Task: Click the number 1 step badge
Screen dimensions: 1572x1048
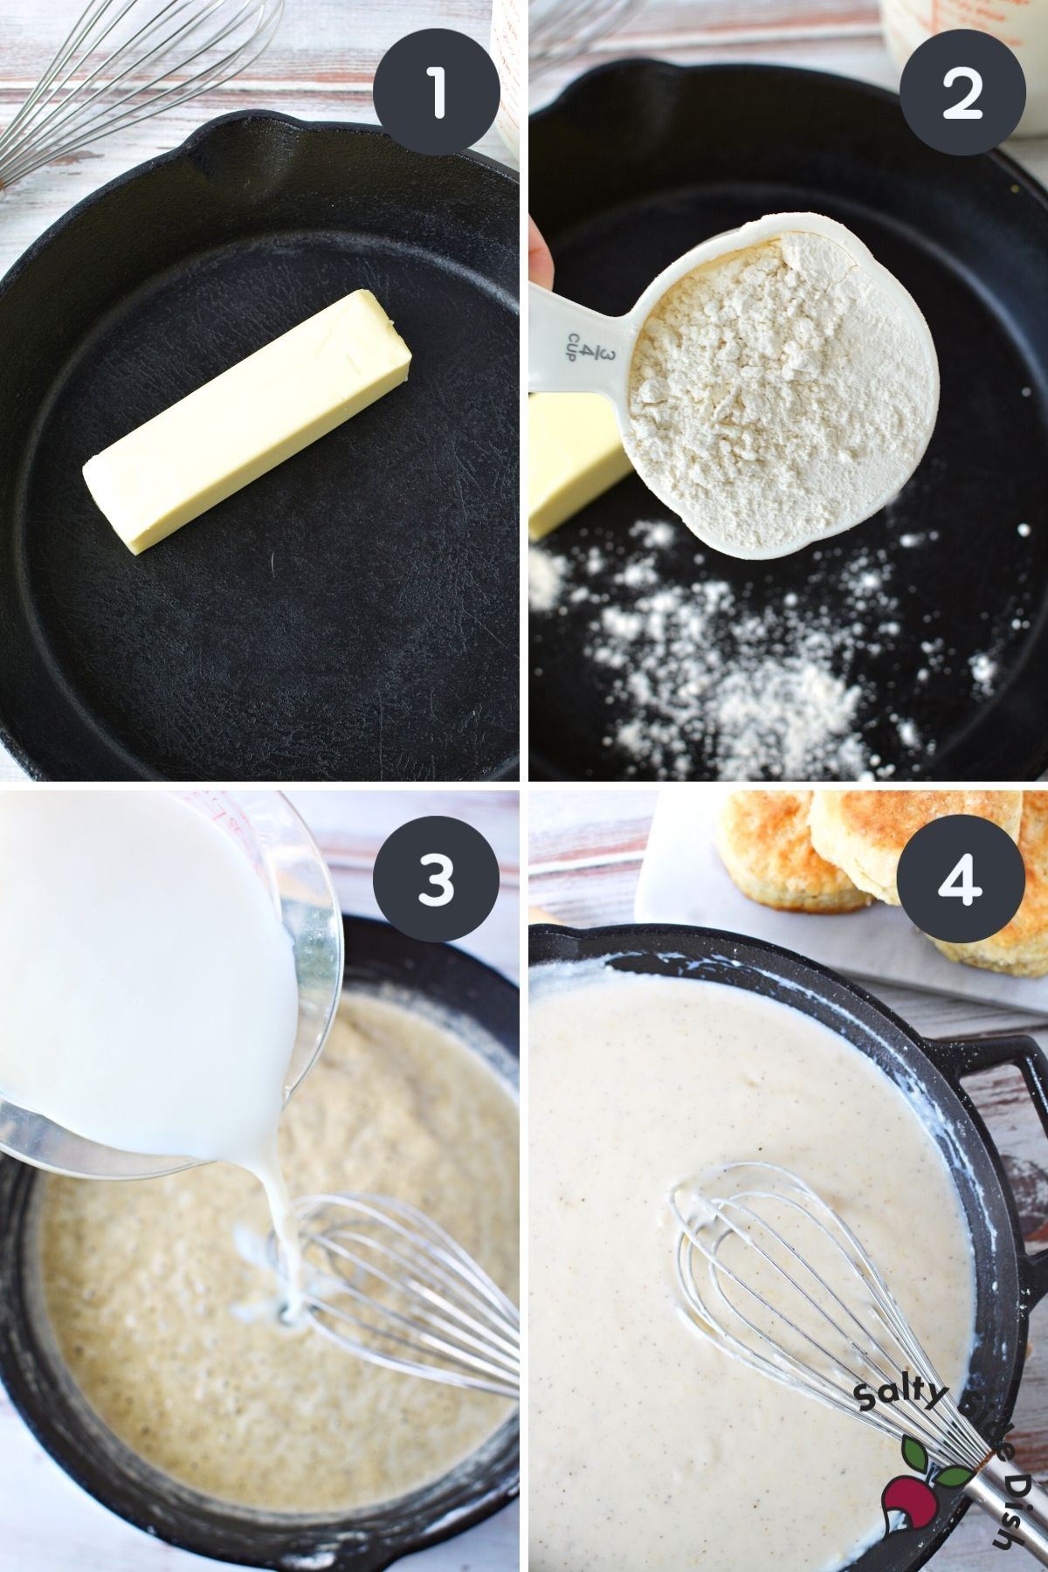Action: coord(436,93)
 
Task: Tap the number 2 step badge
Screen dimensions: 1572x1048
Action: coord(962,93)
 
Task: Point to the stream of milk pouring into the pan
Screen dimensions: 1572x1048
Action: coord(279,1223)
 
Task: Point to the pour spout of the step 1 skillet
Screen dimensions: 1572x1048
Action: coord(218,140)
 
